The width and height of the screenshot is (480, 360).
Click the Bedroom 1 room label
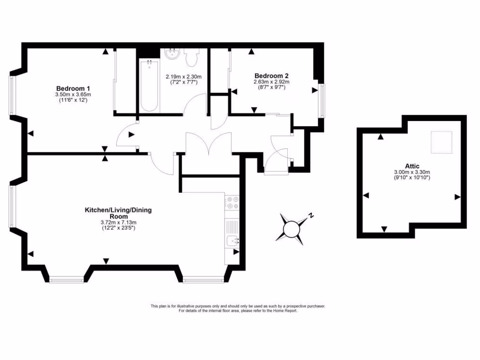pos(73,89)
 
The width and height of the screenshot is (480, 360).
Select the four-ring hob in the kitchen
pos(232,202)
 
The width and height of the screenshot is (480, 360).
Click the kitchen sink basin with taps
pos(232,242)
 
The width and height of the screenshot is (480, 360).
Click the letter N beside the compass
pos(310,216)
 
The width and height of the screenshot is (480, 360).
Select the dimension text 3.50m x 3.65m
pos(73,95)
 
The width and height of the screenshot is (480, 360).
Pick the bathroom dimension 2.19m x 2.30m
pos(184,77)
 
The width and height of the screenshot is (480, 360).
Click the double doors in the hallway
pos(209,143)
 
